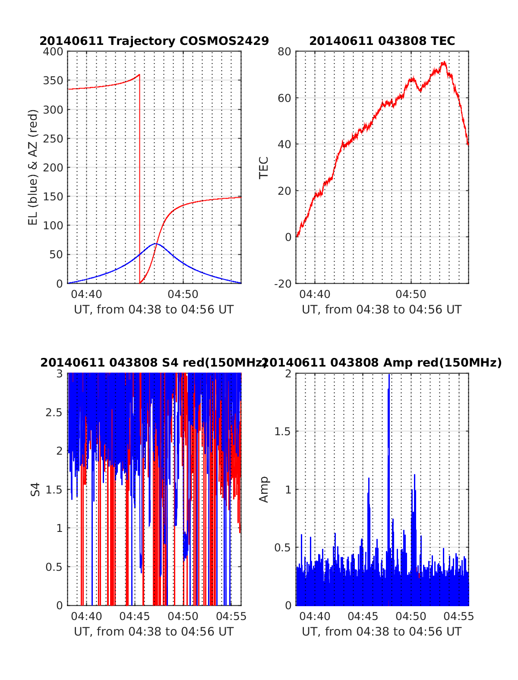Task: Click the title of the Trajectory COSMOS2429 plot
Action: (154, 41)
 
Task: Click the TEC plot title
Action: (382, 41)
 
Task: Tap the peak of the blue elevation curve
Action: (155, 244)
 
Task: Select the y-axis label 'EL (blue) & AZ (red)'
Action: (33, 167)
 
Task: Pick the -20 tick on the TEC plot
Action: (283, 283)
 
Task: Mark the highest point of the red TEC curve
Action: (444, 62)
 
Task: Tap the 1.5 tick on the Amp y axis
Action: (283, 431)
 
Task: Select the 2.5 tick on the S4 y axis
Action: (54, 412)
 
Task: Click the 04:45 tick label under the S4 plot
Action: (135, 616)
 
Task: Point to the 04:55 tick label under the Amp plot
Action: (459, 616)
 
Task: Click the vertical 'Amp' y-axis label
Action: (263, 489)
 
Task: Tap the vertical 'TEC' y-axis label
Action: (263, 168)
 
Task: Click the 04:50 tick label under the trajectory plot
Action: (183, 294)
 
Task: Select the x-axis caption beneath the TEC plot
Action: (382, 310)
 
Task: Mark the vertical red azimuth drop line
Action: (140, 181)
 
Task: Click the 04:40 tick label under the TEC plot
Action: (315, 294)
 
